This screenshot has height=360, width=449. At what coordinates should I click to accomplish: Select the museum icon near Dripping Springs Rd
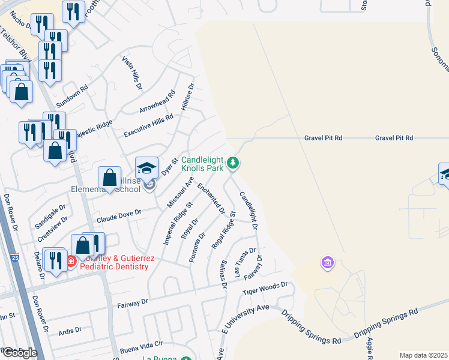click(327, 263)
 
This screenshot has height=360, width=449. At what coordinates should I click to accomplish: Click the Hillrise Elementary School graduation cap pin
click(147, 168)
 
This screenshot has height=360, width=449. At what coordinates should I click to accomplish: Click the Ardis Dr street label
click(70, 330)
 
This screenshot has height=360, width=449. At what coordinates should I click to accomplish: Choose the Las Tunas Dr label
click(245, 263)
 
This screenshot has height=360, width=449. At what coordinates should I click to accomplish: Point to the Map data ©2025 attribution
click(424, 355)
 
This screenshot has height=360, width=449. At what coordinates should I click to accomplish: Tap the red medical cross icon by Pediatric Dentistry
click(70, 261)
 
